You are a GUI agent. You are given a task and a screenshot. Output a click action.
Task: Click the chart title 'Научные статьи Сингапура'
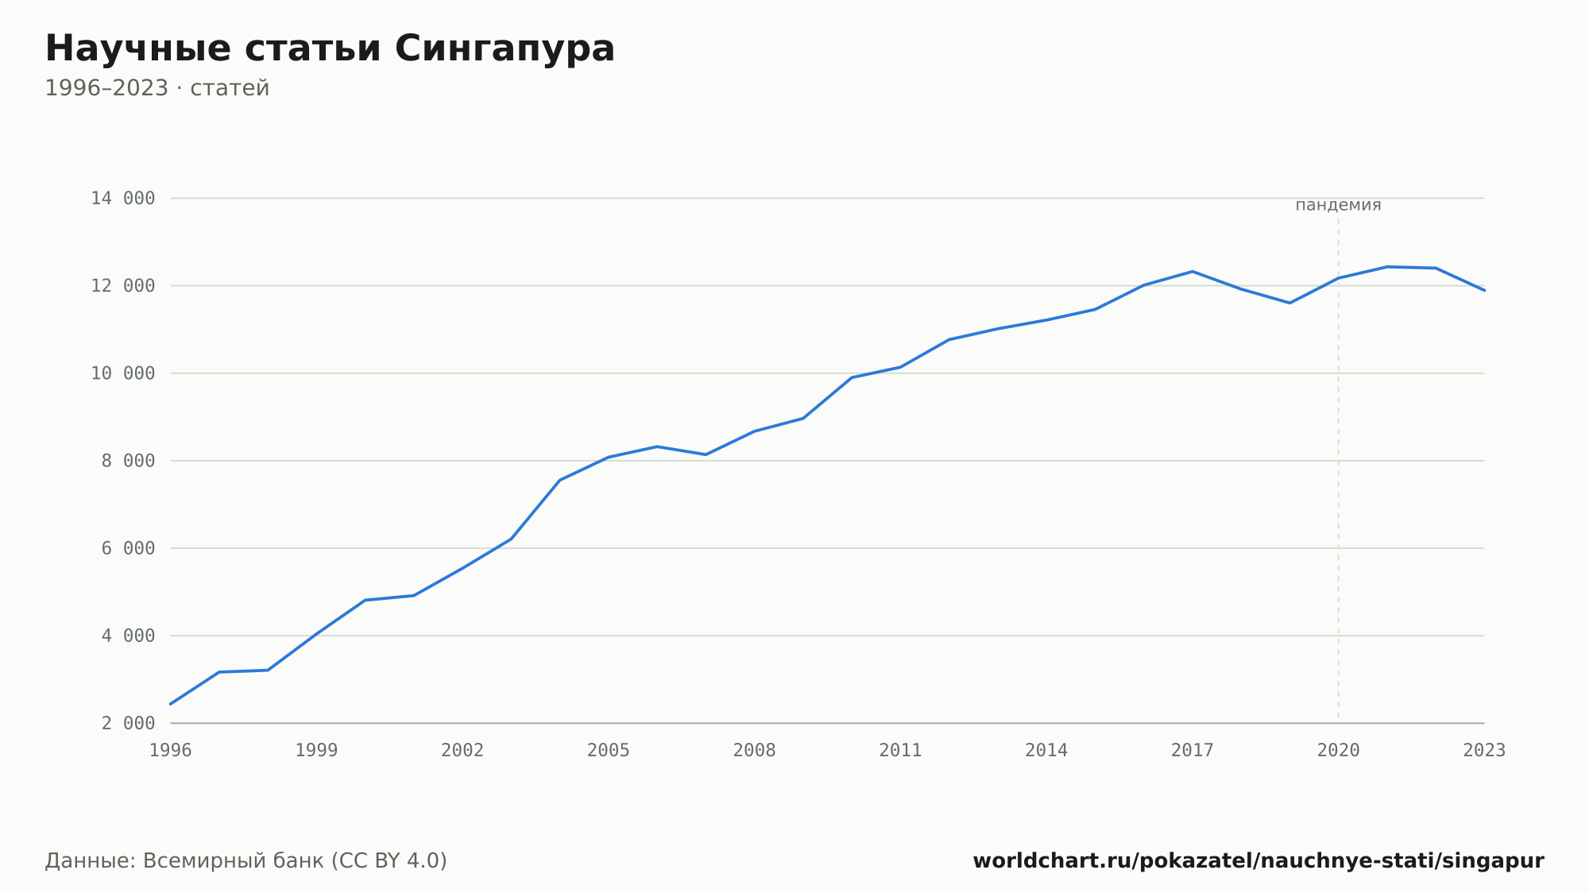tap(330, 49)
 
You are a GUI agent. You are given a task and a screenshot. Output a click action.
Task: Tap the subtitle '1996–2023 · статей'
tap(157, 88)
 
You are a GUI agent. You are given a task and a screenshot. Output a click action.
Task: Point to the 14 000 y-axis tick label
tap(123, 199)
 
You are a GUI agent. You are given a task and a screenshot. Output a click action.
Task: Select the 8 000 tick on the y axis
tap(129, 461)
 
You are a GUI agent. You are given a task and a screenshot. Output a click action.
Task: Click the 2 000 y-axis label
tap(129, 723)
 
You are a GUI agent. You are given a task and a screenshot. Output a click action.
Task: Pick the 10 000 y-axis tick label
tap(123, 373)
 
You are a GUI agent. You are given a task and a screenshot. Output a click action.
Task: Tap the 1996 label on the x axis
tap(171, 751)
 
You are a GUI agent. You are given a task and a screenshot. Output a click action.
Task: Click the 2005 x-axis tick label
tap(609, 751)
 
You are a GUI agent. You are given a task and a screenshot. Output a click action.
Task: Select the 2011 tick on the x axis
tap(900, 751)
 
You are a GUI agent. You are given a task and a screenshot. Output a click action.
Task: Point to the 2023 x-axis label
tap(1484, 751)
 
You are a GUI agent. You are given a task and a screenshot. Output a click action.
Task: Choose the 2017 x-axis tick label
tap(1193, 751)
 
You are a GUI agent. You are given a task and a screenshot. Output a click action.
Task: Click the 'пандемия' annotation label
tap(1338, 205)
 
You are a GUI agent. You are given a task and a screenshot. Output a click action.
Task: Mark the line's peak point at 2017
tap(1193, 272)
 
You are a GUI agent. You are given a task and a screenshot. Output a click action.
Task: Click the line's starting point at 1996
tap(171, 704)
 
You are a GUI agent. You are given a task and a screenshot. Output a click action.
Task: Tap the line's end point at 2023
tap(1484, 290)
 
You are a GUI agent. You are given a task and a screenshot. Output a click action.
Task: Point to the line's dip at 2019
tap(1289, 303)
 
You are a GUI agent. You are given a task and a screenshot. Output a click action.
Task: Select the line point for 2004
tap(560, 480)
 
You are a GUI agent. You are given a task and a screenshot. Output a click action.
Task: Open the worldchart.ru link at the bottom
tap(1258, 861)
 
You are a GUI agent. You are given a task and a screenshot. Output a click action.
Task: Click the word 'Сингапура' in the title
tap(505, 49)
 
